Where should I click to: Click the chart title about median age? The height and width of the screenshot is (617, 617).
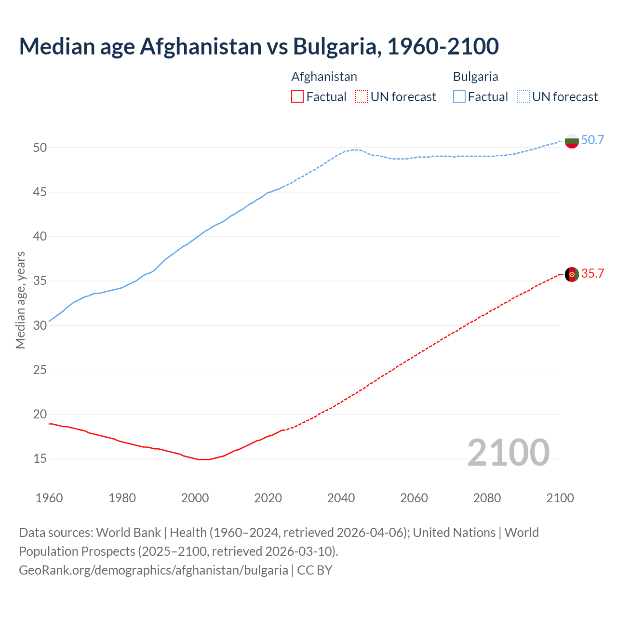[x=259, y=46]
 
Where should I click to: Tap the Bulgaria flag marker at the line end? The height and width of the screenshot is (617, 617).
[x=572, y=141]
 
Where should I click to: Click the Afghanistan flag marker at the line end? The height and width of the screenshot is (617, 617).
[x=572, y=274]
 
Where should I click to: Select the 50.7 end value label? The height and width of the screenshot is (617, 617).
[x=592, y=140]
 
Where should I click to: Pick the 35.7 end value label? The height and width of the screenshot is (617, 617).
[x=592, y=274]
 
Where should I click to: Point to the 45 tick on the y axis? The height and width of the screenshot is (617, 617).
[x=40, y=192]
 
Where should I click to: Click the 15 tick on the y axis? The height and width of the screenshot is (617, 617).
[x=40, y=459]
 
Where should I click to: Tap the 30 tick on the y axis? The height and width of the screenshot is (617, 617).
[x=40, y=325]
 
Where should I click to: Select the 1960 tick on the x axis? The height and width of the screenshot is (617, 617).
[x=49, y=498]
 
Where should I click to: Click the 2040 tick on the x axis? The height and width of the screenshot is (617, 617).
[x=341, y=498]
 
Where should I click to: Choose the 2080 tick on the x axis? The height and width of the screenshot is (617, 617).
[x=487, y=498]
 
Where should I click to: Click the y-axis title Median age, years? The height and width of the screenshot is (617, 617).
[x=20, y=300]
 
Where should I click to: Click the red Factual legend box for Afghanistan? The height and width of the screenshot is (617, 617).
[x=297, y=96]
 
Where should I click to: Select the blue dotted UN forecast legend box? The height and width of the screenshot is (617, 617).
[x=523, y=96]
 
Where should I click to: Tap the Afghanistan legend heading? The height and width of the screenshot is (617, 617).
[x=324, y=77]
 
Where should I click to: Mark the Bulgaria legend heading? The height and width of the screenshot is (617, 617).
[x=475, y=77]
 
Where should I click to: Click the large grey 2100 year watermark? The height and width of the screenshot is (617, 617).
[x=508, y=452]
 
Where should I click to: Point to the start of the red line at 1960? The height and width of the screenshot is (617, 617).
[x=50, y=424]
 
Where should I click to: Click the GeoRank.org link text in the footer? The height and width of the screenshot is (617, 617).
[x=153, y=570]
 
